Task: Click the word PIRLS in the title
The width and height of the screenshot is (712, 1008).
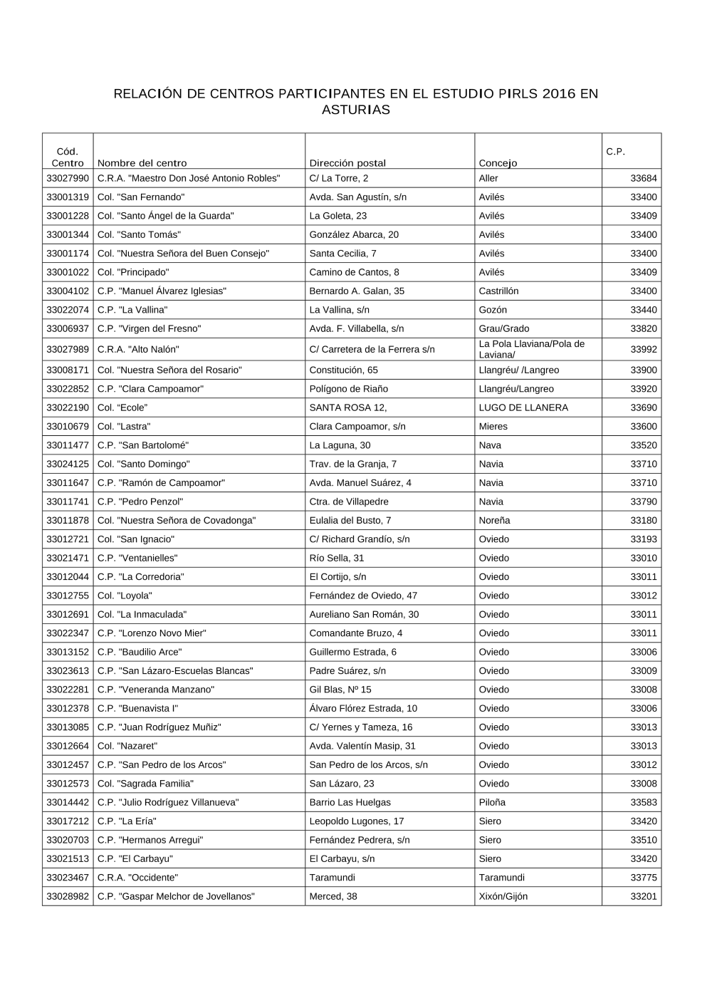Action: [x=508, y=93]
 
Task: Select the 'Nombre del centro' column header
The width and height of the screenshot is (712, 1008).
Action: [x=142, y=163]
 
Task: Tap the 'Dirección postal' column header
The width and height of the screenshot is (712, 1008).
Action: [x=347, y=163]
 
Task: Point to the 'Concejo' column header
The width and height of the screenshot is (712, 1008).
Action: [x=498, y=163]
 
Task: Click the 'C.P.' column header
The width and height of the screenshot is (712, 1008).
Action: [x=615, y=151]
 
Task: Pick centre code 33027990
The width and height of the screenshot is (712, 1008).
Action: [x=68, y=178]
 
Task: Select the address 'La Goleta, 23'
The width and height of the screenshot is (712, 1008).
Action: [x=337, y=216]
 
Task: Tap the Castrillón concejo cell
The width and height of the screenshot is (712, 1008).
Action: [x=498, y=291]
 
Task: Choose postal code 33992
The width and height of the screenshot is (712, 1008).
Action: [x=644, y=349]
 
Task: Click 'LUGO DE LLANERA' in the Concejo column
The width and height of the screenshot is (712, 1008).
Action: [x=523, y=407]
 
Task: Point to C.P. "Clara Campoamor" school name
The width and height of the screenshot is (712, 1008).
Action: [x=150, y=389]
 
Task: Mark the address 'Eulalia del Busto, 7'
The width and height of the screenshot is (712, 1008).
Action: [x=350, y=521]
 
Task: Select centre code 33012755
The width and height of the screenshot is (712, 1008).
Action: [x=68, y=596]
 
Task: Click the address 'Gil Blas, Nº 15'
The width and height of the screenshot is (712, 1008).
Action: [x=340, y=690]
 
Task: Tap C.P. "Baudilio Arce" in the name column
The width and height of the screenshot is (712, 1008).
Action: [x=140, y=652]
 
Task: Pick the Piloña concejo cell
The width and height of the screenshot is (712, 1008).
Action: [x=493, y=802]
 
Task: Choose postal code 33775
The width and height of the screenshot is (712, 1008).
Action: [x=644, y=878]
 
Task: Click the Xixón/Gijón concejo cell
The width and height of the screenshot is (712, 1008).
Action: [x=503, y=896]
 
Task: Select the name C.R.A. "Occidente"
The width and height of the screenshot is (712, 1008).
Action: [x=137, y=878]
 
